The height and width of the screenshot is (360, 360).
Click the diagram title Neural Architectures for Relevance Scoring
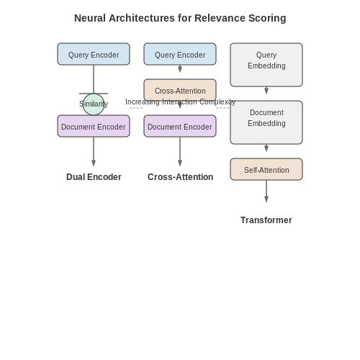180,18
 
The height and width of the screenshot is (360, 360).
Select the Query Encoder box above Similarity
94,54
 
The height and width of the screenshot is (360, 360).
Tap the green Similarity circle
94,104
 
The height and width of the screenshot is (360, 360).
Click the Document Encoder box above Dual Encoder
94,126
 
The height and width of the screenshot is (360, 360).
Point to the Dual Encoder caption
94,177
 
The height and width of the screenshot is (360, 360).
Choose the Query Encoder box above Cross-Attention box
180,54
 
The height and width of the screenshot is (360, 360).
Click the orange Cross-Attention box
180,90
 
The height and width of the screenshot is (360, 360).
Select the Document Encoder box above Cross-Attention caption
180,126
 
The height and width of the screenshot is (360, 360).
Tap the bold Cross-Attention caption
180,177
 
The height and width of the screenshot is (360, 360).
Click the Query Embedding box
266,65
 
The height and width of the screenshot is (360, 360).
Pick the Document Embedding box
266,122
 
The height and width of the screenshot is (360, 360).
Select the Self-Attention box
266,169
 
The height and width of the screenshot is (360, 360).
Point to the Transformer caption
266,220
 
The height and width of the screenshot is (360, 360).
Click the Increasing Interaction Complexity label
180,102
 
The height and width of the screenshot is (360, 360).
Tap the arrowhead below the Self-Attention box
266,199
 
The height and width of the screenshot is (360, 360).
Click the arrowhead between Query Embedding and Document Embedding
266,91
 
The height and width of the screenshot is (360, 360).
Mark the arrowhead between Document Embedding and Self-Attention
266,148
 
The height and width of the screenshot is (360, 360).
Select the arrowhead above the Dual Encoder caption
94,163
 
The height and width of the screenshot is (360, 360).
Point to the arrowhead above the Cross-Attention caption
180,163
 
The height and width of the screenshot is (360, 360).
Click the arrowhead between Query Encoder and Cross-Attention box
180,69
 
